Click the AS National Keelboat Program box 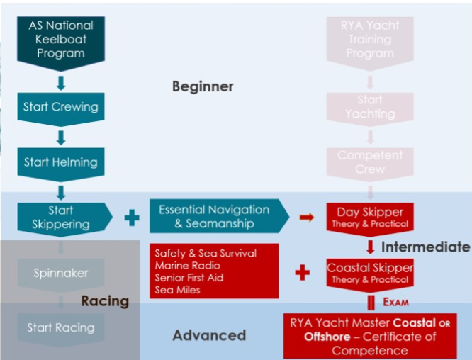pos(61,39)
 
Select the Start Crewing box pos(61,108)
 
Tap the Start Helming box pos(61,162)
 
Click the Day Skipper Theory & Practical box pos(369,218)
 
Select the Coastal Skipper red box pos(369,273)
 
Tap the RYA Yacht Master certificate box pos(371,337)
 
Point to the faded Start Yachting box pos(370,107)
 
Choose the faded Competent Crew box pos(370,162)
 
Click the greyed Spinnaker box pos(60,273)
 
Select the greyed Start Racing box pos(60,327)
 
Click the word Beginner pos(203,86)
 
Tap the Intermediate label pos(425,247)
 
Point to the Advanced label pos(209,335)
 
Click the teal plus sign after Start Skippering pos(131,218)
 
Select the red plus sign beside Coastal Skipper pos(303,273)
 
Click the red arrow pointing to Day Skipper pos(307,218)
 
